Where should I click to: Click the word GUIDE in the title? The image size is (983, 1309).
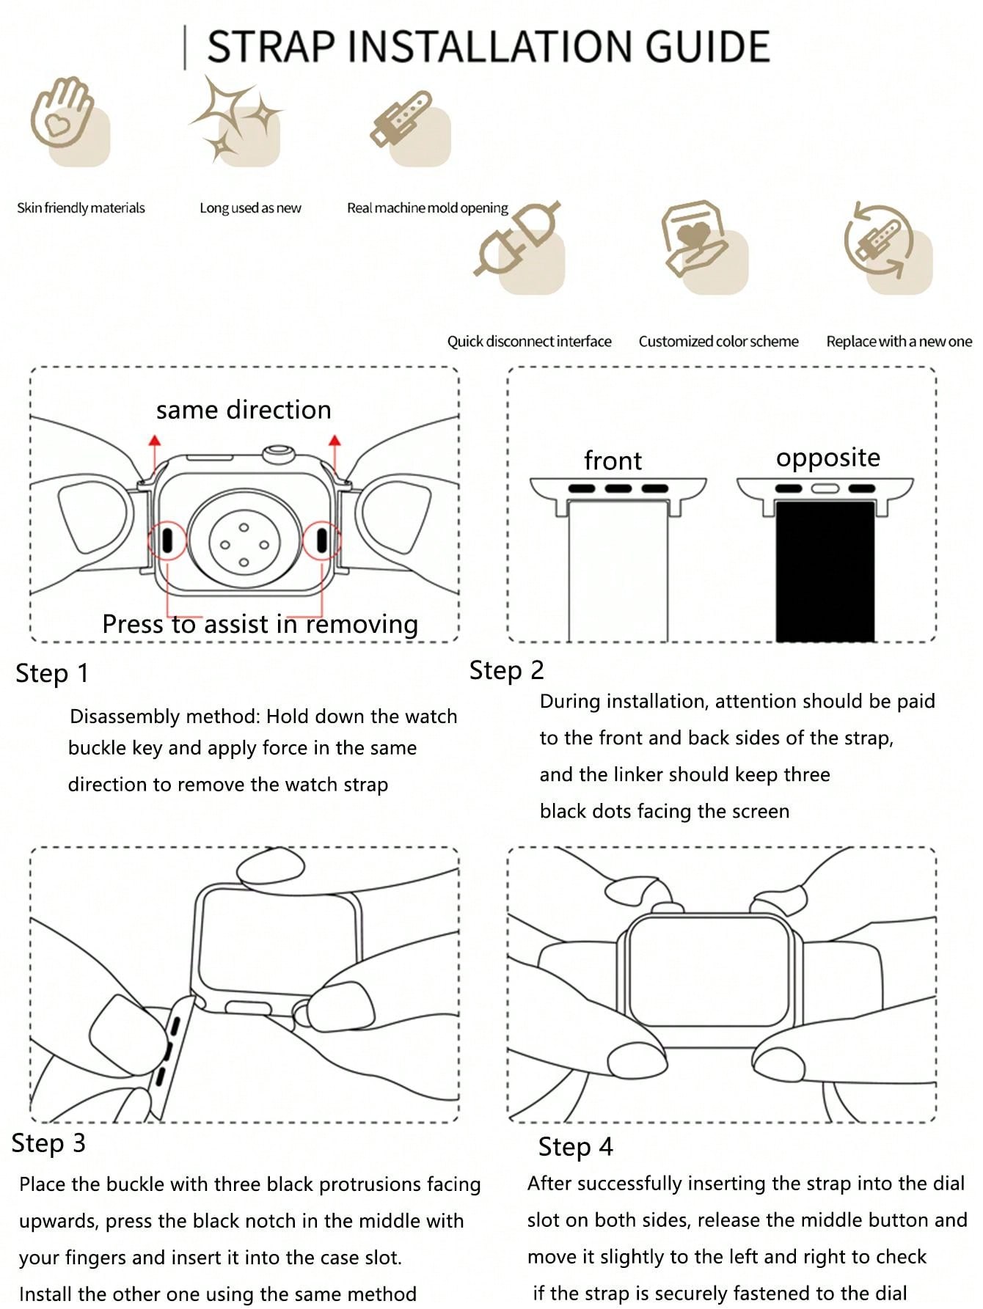click(x=708, y=46)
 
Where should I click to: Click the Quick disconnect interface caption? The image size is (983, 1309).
click(x=529, y=342)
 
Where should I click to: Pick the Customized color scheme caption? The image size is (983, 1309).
click(x=718, y=342)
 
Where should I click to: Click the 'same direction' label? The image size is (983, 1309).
click(x=244, y=410)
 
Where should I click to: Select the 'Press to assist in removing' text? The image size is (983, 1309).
click(x=260, y=624)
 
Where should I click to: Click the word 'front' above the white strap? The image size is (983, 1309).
click(x=613, y=461)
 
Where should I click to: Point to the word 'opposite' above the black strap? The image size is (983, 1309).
click(x=827, y=458)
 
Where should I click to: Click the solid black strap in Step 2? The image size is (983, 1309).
click(x=825, y=572)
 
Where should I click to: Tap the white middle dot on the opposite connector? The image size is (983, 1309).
click(x=825, y=488)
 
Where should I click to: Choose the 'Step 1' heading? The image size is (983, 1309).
click(x=52, y=673)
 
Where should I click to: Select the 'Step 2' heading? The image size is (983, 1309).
click(x=506, y=670)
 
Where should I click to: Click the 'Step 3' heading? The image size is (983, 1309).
click(x=48, y=1143)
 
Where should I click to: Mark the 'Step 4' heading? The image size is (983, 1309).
click(x=575, y=1147)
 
